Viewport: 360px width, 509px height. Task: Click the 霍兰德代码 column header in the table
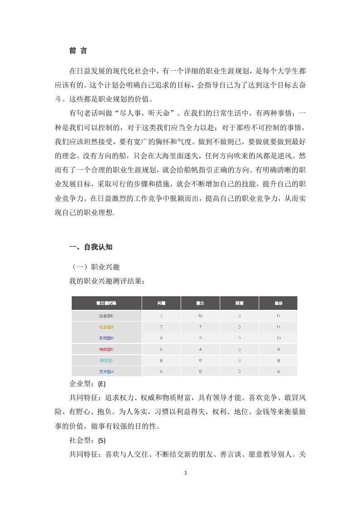[106, 303]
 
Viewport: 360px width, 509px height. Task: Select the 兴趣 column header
[161, 303]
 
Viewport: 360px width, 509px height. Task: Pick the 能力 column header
[200, 303]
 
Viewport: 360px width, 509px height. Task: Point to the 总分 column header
[278, 303]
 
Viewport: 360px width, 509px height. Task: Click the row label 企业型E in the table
[106, 315]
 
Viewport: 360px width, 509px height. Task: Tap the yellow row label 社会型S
[106, 327]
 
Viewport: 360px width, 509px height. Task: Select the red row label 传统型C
[106, 349]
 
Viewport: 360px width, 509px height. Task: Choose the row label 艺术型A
[106, 372]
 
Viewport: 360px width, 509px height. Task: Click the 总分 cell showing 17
[278, 315]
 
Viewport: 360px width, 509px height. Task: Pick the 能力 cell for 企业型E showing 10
[200, 315]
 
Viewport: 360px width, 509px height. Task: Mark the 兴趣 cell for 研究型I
[161, 361]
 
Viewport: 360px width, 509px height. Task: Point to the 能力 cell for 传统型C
[200, 349]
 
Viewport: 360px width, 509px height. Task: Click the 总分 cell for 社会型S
[278, 327]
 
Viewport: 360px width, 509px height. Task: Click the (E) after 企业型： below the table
[102, 384]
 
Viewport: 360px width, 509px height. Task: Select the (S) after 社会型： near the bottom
[102, 440]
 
